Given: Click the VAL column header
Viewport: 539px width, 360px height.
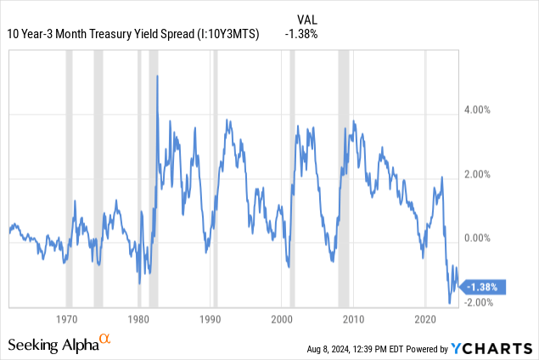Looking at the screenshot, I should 308,19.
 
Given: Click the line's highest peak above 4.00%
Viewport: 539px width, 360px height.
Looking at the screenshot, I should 157,76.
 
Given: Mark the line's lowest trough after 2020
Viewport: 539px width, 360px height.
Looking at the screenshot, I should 450,302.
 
